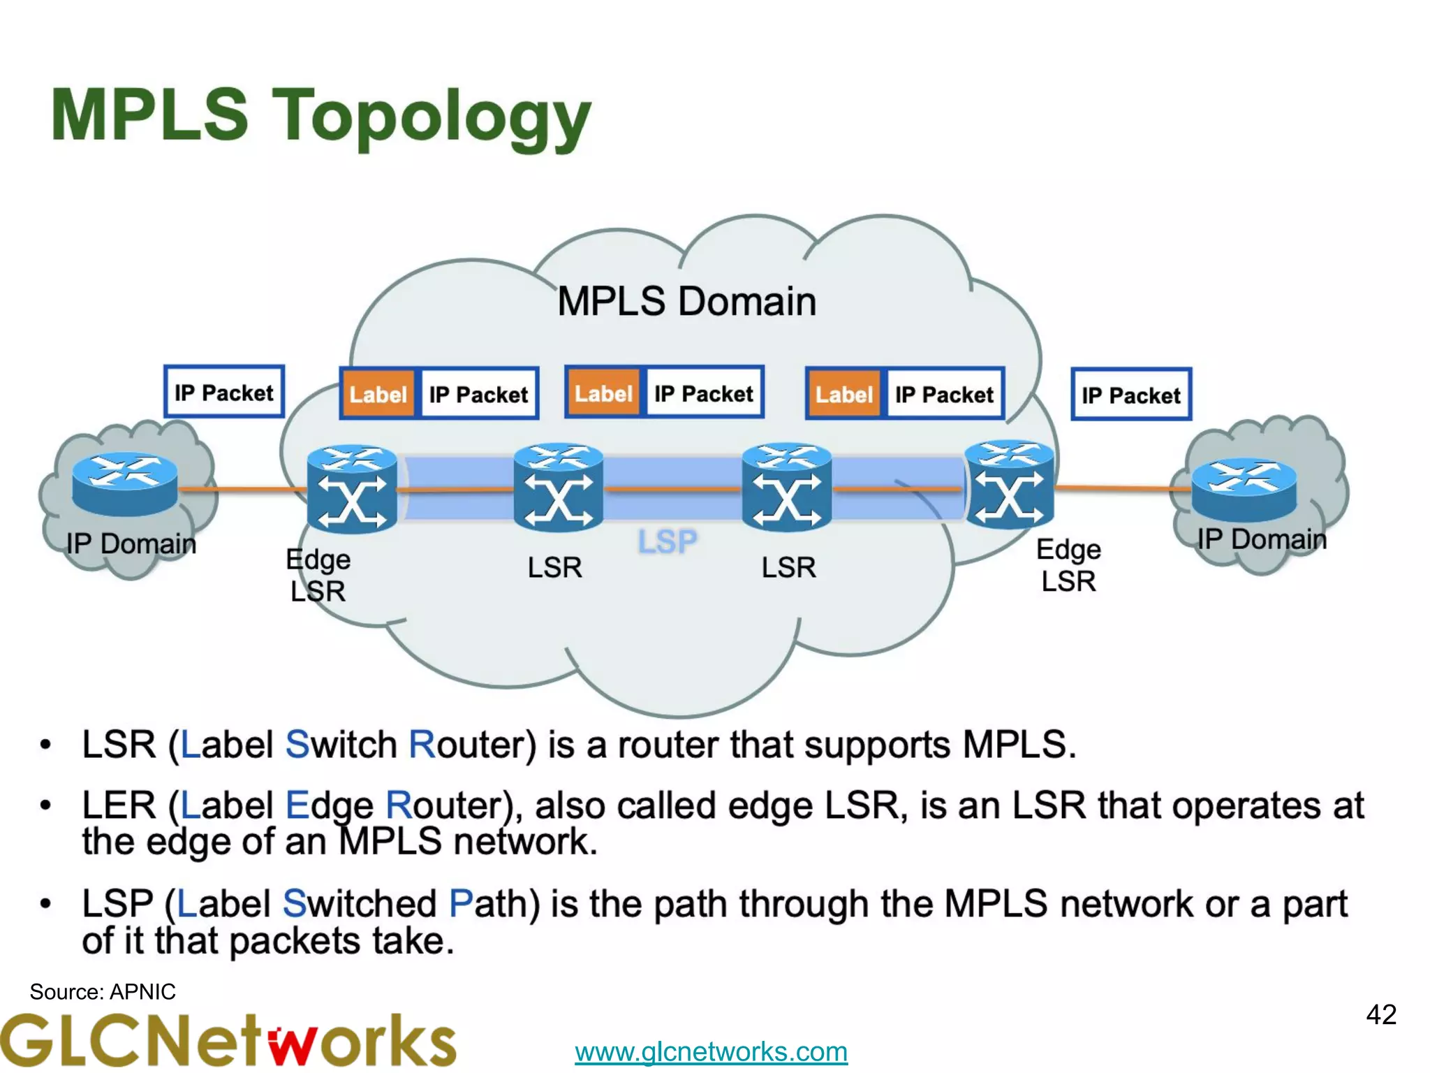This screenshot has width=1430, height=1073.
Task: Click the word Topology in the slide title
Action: pos(432,117)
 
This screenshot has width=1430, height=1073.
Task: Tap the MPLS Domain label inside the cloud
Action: pos(686,302)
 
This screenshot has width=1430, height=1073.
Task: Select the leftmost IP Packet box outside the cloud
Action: pos(224,393)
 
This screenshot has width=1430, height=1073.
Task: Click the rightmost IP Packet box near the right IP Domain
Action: pos(1130,395)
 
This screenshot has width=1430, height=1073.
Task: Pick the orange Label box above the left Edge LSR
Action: pos(378,395)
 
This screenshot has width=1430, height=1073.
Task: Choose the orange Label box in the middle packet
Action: pos(603,394)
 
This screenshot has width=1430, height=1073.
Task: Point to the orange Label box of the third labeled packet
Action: pos(843,395)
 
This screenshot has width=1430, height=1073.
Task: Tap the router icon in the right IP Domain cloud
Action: pos(1244,489)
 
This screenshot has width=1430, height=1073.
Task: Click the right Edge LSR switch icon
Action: pos(1009,485)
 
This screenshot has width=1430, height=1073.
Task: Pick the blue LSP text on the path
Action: pos(668,541)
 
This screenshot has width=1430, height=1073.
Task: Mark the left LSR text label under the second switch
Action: pos(554,567)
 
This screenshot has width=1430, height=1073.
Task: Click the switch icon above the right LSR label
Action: pos(787,487)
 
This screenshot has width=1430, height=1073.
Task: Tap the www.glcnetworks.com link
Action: pos(711,1051)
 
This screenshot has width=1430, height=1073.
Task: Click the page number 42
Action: pos(1380,1015)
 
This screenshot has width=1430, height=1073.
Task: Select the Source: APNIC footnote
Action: pos(103,992)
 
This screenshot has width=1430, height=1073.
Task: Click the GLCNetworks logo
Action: pos(228,1041)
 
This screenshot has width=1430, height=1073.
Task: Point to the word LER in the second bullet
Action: pos(119,805)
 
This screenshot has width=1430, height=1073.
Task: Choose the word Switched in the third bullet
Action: pos(359,903)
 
